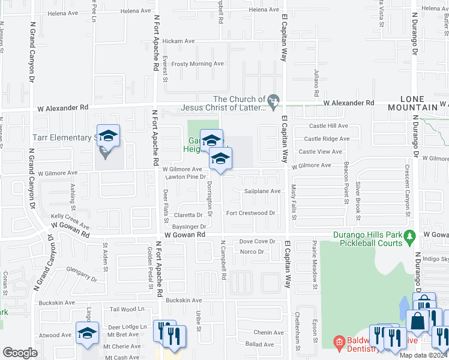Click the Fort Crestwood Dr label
pos(250,213)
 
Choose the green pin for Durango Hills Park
pos(410,235)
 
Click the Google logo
pos(20,352)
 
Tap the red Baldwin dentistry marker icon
pos(339,343)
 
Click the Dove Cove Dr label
pos(257,241)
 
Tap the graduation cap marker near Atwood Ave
pos(87,333)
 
